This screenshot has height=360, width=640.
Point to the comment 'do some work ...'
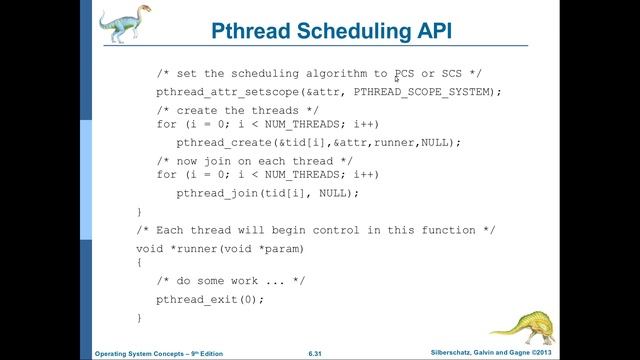pos(235,282)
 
